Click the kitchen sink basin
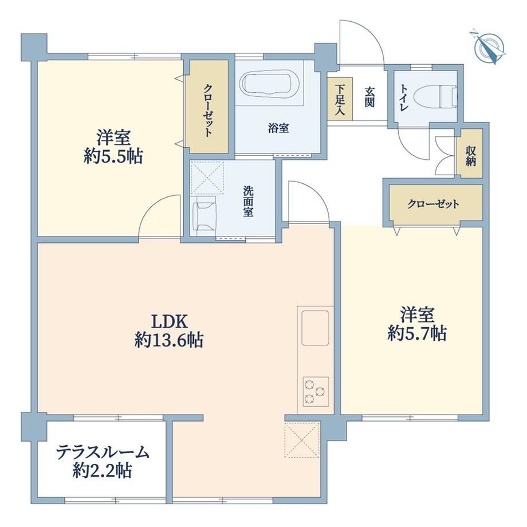click(x=315, y=328)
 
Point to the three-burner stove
click(x=316, y=391)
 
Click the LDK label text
click(x=169, y=322)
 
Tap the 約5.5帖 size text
click(x=113, y=156)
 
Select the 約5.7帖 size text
click(x=417, y=334)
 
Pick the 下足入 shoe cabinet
click(x=340, y=98)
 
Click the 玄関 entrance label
click(x=369, y=97)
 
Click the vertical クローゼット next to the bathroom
click(x=209, y=106)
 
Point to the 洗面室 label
click(x=249, y=201)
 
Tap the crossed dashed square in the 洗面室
click(x=207, y=178)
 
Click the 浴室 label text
click(x=278, y=128)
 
